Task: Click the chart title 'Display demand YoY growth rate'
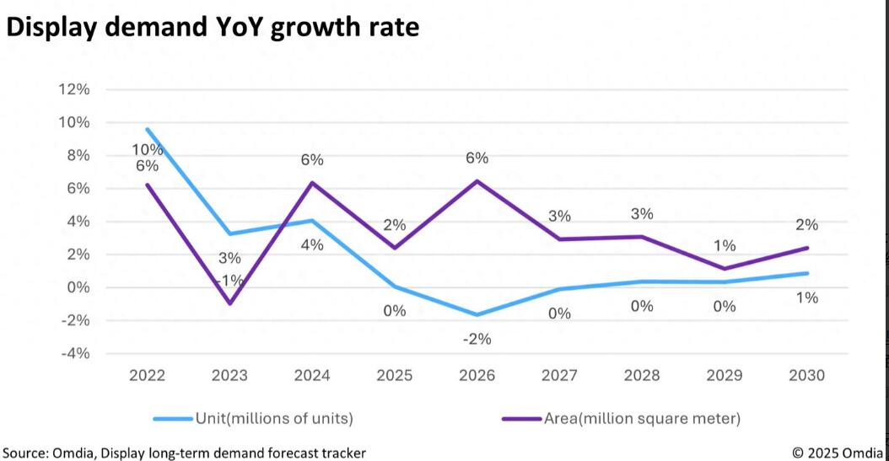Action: point(213,27)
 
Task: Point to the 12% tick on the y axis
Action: point(73,89)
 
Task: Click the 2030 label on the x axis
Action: point(806,375)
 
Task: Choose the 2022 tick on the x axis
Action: point(147,375)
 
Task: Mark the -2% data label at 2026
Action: point(477,339)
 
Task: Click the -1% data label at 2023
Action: point(229,280)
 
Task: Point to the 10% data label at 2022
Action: point(147,149)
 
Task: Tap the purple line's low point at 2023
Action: point(229,303)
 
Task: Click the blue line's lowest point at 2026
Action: point(477,315)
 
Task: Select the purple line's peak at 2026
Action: point(477,181)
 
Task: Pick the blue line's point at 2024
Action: point(312,221)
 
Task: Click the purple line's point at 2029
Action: point(725,269)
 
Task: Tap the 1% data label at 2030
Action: point(807,297)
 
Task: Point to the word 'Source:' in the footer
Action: point(24,453)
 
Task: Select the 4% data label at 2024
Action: point(312,245)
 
